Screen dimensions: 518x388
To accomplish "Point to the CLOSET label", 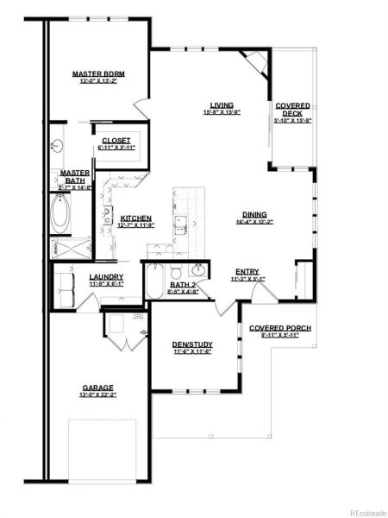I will coord(116,140).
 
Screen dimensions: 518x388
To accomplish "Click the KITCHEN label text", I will coord(136,218).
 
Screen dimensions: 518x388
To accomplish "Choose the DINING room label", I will coord(254,214).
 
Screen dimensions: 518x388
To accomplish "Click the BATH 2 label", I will coord(183,284).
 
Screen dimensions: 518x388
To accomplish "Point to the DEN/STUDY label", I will coord(193,345).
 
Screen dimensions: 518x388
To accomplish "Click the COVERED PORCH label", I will coord(280,329).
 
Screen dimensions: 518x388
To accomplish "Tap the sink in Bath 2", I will coord(199,269).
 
